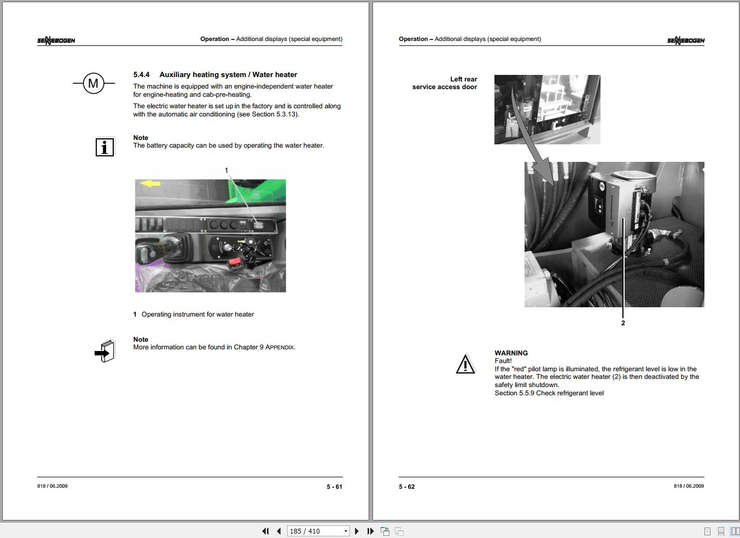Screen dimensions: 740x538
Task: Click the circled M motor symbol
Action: point(94,83)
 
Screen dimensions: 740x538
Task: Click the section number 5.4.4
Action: point(142,75)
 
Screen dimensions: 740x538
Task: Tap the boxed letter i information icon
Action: point(104,147)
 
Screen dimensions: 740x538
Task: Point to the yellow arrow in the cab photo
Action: point(150,183)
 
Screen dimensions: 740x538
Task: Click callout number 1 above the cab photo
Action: point(226,171)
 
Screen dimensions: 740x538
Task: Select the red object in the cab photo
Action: point(235,263)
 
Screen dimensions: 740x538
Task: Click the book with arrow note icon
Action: point(104,351)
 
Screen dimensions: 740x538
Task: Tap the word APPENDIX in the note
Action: point(279,347)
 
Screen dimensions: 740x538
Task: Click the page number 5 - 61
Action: point(334,487)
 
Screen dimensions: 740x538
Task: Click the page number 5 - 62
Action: point(407,487)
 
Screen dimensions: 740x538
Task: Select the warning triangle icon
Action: point(465,364)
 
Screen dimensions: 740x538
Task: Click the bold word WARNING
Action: point(511,353)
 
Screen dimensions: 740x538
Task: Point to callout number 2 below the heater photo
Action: point(623,323)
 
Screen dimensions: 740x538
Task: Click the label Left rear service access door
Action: point(445,83)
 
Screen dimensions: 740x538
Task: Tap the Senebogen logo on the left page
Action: point(56,40)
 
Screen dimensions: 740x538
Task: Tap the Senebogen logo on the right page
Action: point(686,40)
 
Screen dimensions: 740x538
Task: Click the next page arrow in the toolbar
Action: point(357,531)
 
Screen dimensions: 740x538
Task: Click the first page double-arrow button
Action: point(265,531)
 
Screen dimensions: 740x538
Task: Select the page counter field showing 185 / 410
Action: point(318,531)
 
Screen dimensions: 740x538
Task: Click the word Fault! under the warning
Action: point(503,361)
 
